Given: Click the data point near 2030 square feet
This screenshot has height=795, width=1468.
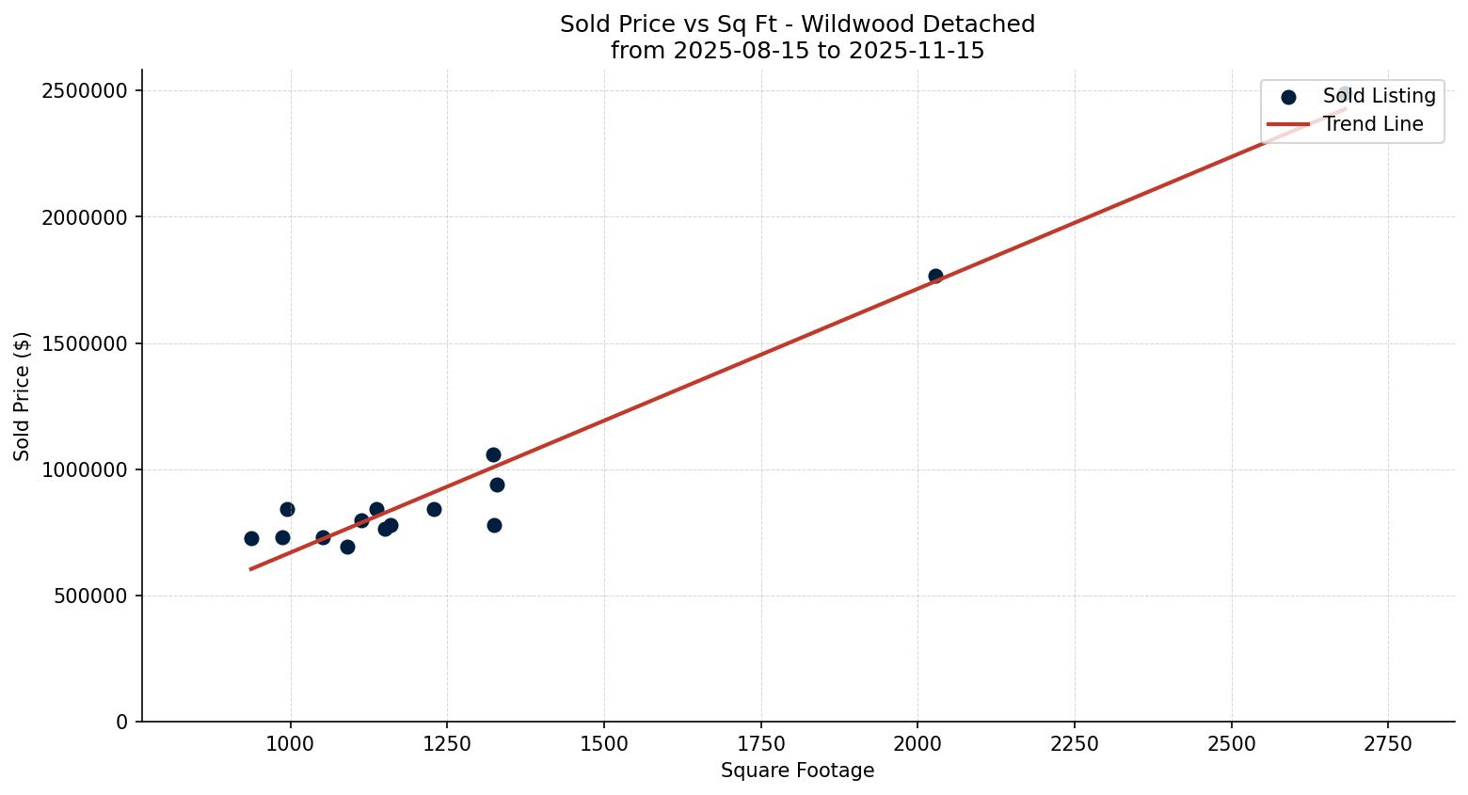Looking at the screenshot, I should pyautogui.click(x=935, y=276).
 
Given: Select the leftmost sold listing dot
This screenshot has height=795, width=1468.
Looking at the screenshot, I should pyautogui.click(x=251, y=538).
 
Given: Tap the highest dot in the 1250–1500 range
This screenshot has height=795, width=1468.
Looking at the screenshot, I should pyautogui.click(x=493, y=454).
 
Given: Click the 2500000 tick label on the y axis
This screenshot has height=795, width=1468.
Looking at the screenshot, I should pyautogui.click(x=85, y=91).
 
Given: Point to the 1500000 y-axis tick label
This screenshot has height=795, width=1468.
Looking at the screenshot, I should pyautogui.click(x=85, y=343).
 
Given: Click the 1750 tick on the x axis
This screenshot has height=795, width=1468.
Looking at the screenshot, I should pyautogui.click(x=760, y=744).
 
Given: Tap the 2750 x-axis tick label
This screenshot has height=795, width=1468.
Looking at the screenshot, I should pyautogui.click(x=1388, y=744).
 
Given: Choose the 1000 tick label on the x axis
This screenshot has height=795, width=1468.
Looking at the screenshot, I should pyautogui.click(x=290, y=744).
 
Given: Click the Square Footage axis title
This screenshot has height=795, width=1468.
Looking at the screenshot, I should pyautogui.click(x=797, y=771).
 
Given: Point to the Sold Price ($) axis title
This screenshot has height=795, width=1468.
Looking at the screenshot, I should pyautogui.click(x=22, y=396).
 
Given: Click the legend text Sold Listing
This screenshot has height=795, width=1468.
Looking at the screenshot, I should pyautogui.click(x=1379, y=96).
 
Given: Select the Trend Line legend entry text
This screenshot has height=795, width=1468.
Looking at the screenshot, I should pyautogui.click(x=1373, y=124).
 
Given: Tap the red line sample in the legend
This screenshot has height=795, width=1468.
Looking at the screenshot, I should pyautogui.click(x=1288, y=124).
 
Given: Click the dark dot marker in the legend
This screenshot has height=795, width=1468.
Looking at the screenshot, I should pyautogui.click(x=1288, y=96).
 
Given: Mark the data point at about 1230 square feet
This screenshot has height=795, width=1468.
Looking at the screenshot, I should pyautogui.click(x=434, y=509).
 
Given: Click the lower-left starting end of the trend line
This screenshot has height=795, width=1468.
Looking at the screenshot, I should pyautogui.click(x=251, y=568).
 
